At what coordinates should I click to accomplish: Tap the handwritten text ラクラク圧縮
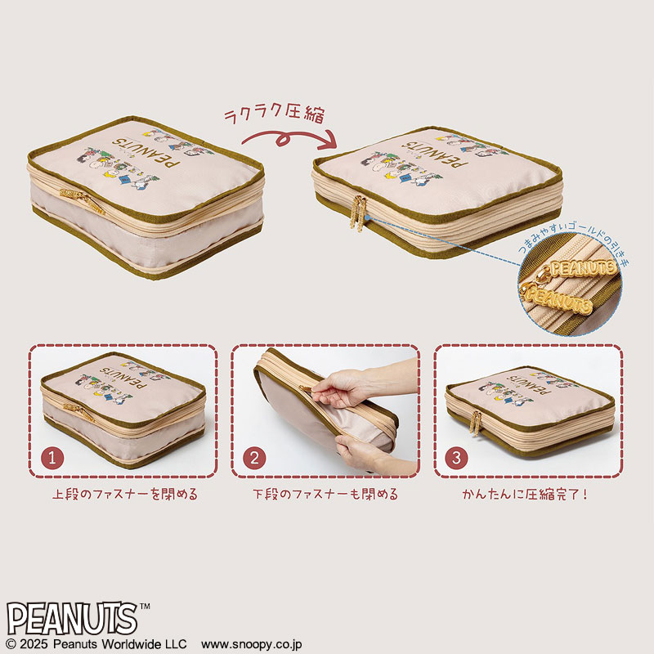click(274, 113)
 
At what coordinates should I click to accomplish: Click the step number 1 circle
click(52, 458)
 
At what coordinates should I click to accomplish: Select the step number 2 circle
click(254, 458)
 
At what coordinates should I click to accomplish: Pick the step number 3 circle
click(457, 458)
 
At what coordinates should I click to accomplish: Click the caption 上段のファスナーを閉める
click(125, 495)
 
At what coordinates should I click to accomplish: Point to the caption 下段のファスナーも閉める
click(325, 495)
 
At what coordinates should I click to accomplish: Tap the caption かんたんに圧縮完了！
click(525, 495)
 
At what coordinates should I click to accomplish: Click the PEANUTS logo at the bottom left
click(72, 619)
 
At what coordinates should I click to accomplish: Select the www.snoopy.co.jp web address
click(252, 644)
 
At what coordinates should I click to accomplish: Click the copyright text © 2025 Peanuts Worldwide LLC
click(96, 644)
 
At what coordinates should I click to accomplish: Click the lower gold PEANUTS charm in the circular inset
click(557, 298)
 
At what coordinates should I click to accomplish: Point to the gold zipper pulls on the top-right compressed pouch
click(358, 213)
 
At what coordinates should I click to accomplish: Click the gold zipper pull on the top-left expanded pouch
click(82, 199)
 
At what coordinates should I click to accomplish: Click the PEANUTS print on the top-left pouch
click(146, 151)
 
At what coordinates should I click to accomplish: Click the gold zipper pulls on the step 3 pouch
click(476, 423)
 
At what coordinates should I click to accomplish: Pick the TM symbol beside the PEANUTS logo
click(145, 607)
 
